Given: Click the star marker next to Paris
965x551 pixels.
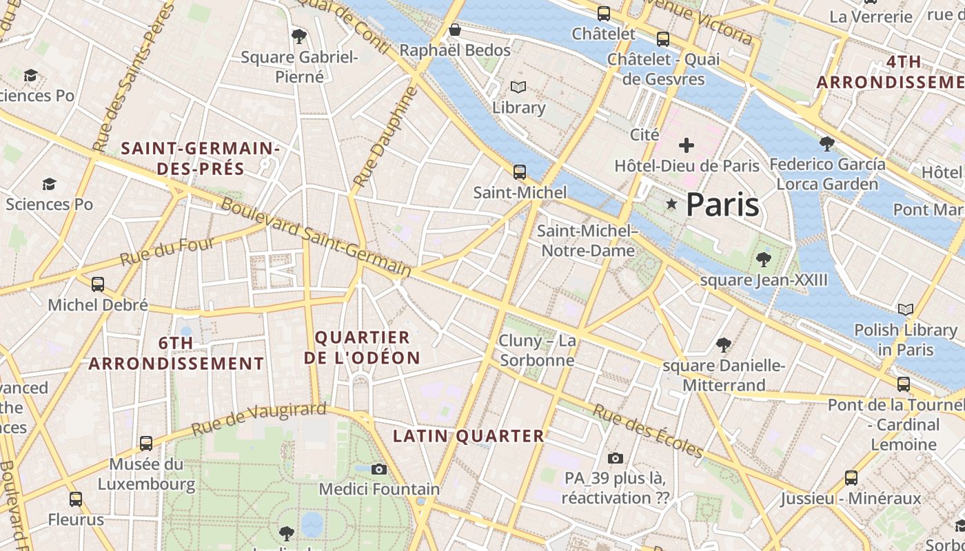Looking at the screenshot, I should [x=671, y=204].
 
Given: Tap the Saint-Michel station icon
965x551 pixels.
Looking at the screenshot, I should [x=520, y=171].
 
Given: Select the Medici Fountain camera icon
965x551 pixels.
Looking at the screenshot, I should [x=378, y=469].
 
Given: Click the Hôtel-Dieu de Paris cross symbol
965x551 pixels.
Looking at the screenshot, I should [x=687, y=145].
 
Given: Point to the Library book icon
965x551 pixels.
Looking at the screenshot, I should [x=518, y=87].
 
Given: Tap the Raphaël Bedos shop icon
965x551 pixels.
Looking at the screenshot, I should [x=455, y=30].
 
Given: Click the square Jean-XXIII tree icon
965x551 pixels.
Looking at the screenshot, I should [x=763, y=260].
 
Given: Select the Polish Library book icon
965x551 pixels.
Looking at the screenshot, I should [x=906, y=309].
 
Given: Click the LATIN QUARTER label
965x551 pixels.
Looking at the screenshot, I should [x=469, y=436].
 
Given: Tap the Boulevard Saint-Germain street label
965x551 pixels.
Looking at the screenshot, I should [x=316, y=238].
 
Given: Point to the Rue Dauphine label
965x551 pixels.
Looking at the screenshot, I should [x=385, y=137].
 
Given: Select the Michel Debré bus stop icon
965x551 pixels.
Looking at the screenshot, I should [x=98, y=284].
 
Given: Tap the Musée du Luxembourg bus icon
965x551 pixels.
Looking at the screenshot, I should [x=146, y=443].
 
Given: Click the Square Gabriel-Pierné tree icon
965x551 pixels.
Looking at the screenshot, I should [x=299, y=36].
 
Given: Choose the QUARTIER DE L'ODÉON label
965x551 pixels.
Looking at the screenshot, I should [x=363, y=348].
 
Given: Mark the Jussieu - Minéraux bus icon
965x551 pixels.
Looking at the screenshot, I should [x=851, y=477].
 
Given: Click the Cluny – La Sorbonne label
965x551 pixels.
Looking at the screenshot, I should [x=538, y=351].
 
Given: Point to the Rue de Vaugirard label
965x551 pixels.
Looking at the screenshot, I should [x=258, y=418].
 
